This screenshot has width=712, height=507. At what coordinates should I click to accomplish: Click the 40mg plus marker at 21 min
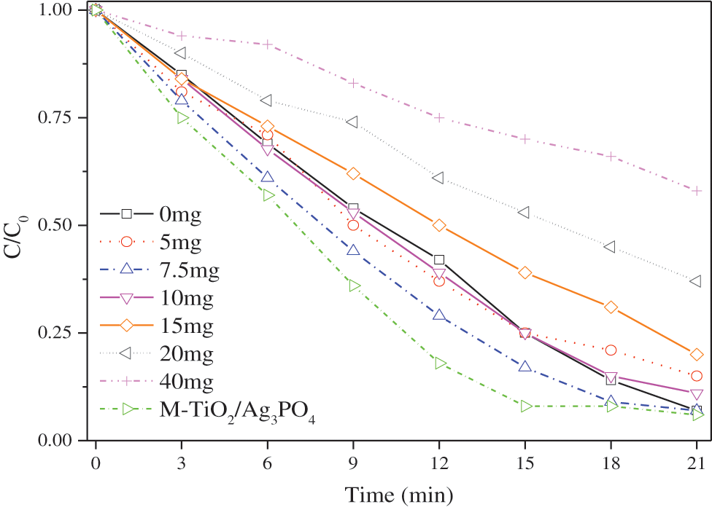click(x=697, y=191)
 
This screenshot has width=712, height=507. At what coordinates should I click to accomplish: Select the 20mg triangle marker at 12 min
click(x=438, y=178)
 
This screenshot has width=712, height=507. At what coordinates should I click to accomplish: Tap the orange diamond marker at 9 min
click(x=353, y=173)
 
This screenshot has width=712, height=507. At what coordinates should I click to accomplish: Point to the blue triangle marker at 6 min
click(x=268, y=177)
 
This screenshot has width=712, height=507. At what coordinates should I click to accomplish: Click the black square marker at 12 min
click(x=439, y=259)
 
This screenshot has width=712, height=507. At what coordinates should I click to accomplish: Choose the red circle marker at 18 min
click(x=611, y=350)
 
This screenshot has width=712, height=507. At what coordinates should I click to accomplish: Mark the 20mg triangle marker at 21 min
click(x=696, y=281)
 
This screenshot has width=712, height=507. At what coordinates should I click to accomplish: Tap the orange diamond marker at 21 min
click(x=697, y=355)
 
